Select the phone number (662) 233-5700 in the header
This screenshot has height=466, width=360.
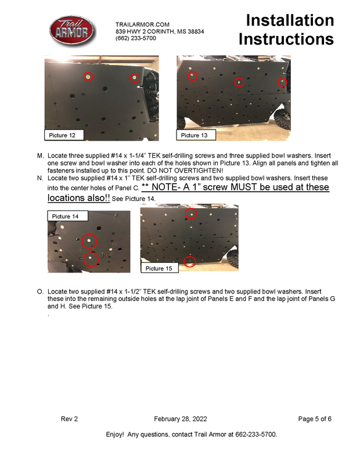136,38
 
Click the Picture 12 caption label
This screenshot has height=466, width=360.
63,135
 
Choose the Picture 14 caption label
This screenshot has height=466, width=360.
66,216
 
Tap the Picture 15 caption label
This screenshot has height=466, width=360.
159,268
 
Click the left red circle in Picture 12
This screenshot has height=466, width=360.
88,77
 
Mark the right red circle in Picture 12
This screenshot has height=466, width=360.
134,77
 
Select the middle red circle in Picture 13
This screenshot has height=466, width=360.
239,83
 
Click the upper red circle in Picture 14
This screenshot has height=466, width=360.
89,241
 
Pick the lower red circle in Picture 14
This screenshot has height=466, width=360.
89,259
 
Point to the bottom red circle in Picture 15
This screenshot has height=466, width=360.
189,261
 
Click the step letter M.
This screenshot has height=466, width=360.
40,157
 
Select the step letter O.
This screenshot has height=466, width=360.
40,290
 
